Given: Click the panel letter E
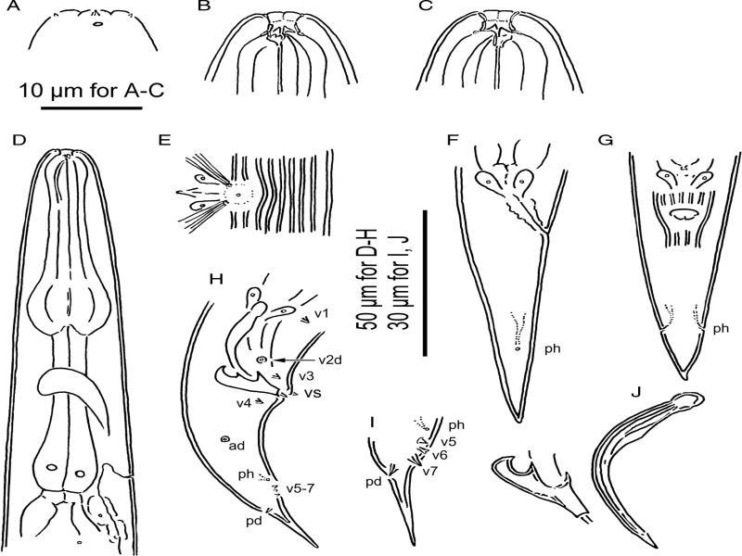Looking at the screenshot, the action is (164, 141).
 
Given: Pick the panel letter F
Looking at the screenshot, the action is (453, 141).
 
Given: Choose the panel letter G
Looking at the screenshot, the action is (606, 141).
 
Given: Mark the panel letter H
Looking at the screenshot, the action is (216, 279).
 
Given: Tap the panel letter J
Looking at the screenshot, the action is (638, 392).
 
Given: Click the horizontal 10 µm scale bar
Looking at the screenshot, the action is (91, 108).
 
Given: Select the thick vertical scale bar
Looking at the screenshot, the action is (425, 283).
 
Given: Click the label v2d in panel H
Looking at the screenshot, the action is (330, 360).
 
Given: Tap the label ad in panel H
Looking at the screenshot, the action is (237, 445).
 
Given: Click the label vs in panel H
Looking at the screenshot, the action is (312, 392).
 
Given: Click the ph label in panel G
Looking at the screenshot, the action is (721, 328).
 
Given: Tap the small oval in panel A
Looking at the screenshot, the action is (98, 24).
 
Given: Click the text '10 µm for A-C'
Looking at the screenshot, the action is (91, 90).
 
